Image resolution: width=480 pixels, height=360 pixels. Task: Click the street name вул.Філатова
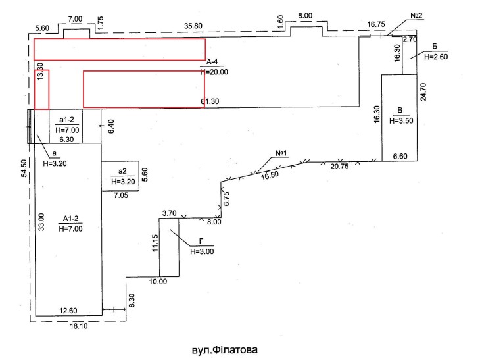point(225,350)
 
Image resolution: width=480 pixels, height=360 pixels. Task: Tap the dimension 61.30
point(210,101)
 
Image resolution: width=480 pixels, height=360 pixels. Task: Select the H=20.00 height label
point(214,72)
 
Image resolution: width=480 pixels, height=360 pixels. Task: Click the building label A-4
point(212,62)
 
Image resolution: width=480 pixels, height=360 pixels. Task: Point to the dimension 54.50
point(24,168)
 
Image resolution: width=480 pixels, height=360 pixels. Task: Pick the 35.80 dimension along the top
point(193,26)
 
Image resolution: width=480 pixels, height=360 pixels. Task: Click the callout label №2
point(416,16)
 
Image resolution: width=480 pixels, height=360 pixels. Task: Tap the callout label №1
point(281,153)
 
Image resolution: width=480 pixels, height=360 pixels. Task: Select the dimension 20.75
point(339,167)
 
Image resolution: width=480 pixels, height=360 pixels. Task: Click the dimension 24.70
point(423,92)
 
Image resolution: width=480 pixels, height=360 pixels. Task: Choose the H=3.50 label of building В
point(401,120)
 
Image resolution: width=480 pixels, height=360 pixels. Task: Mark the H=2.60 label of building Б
point(436,57)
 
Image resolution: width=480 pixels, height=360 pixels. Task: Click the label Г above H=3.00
point(201,242)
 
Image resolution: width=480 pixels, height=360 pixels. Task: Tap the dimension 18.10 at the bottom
point(79,326)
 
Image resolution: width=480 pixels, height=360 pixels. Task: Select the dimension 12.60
point(68,311)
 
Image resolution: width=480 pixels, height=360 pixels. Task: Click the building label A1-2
point(71,219)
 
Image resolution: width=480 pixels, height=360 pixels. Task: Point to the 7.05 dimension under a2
point(121,195)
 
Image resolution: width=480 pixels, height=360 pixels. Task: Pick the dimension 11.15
point(155,243)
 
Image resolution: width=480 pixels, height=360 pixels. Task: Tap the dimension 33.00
point(41,222)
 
